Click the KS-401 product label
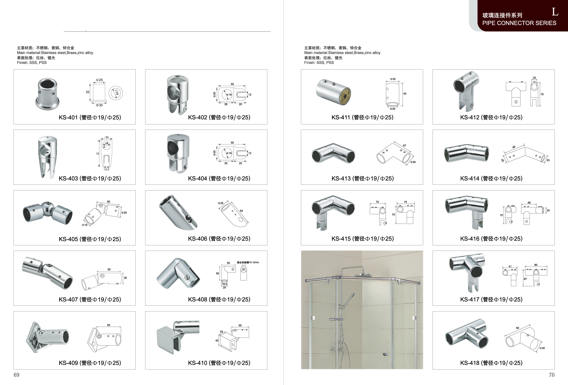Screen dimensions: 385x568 coord(90,118)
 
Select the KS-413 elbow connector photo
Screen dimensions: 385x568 coord(333,153)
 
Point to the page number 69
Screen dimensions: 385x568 coord(17,375)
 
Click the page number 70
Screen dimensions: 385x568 coord(551,375)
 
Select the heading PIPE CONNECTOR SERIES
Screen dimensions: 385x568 coord(519,23)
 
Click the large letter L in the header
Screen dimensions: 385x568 coord(555,12)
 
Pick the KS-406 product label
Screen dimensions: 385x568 coord(219,239)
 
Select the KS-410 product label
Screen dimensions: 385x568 coord(219,363)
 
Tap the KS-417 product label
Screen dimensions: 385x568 coord(491,299)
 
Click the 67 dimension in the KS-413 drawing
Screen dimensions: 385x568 coord(405,146)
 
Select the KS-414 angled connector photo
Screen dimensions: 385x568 coord(466,153)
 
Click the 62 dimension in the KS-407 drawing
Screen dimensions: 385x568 coord(109,269)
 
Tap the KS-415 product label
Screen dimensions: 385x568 coord(362,239)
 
